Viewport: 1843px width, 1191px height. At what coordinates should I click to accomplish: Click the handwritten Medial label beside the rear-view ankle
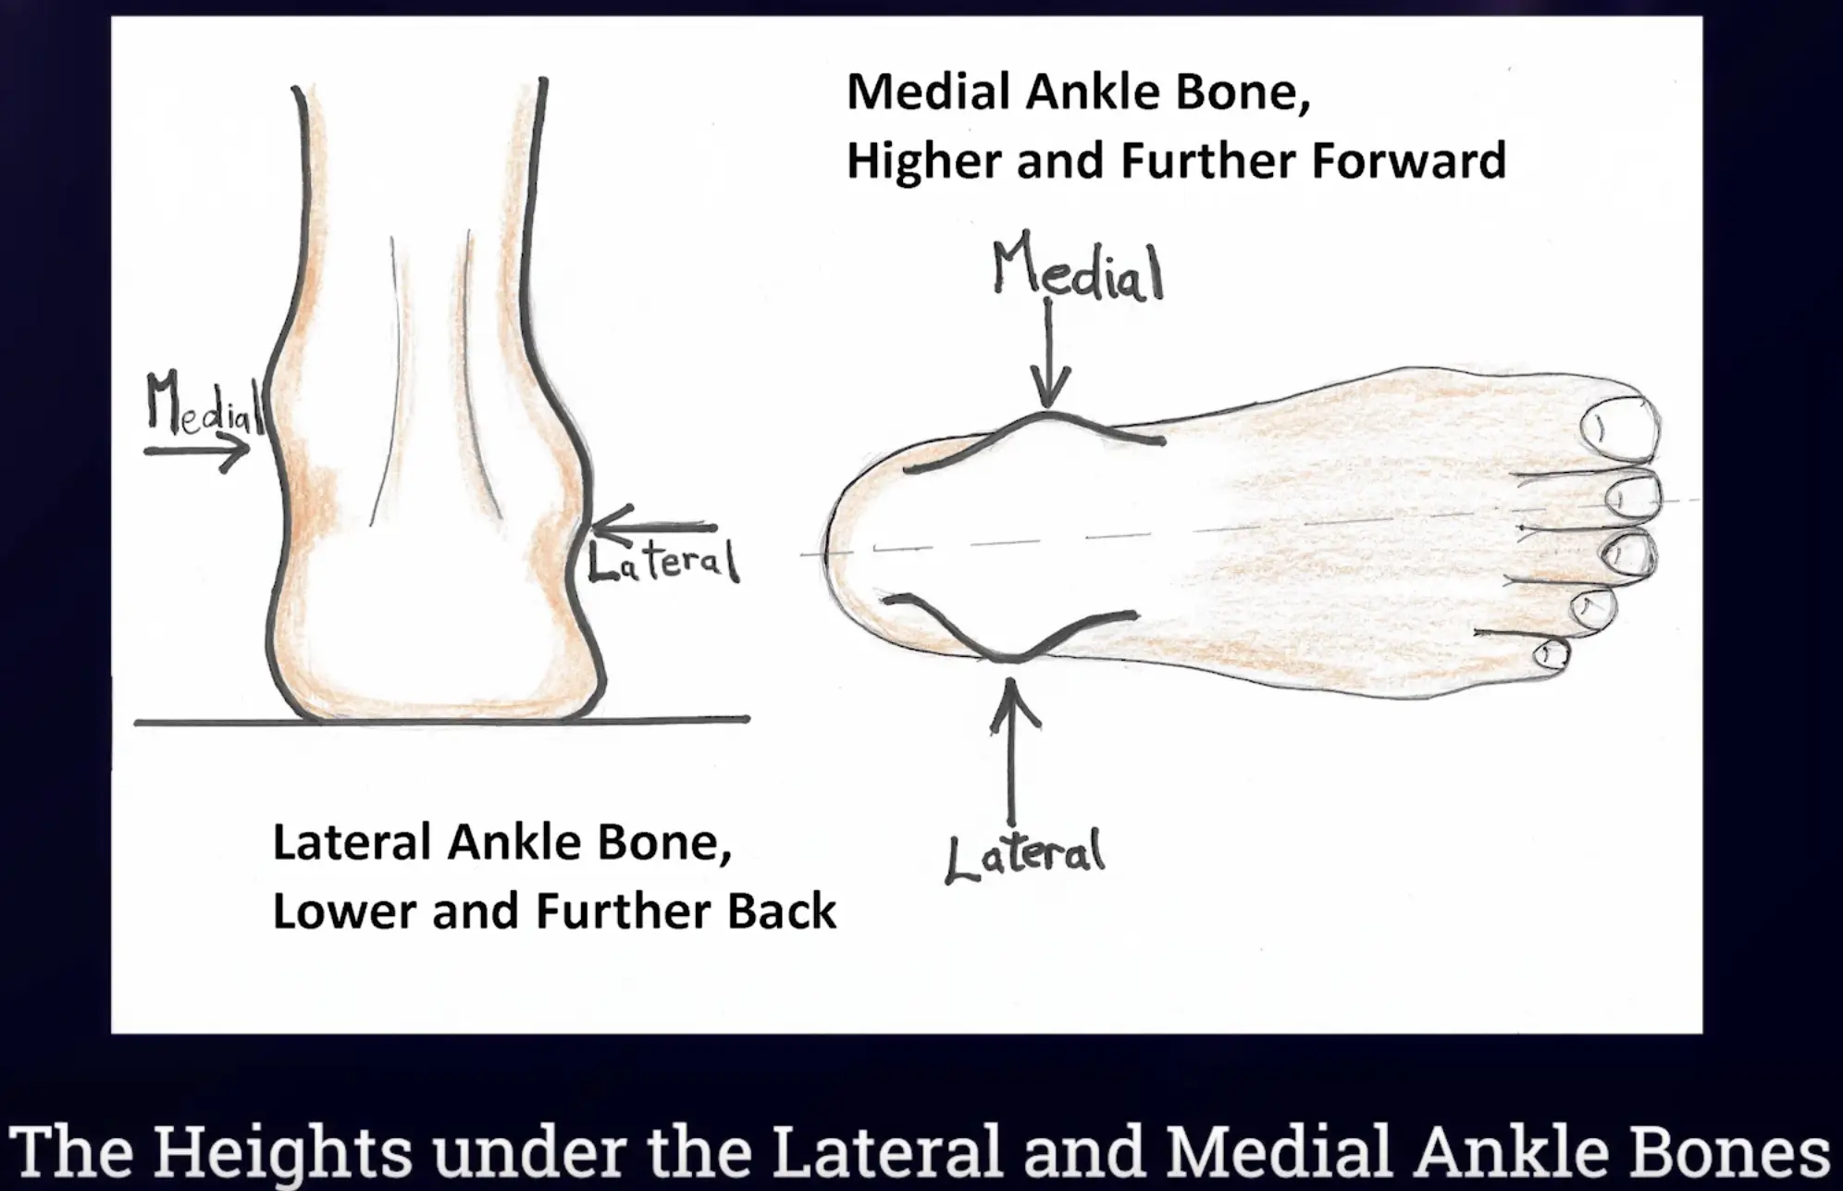click(204, 403)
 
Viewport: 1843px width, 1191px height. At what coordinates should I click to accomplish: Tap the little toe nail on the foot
click(1552, 654)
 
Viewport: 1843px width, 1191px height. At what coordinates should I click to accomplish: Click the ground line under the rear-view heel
click(441, 720)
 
